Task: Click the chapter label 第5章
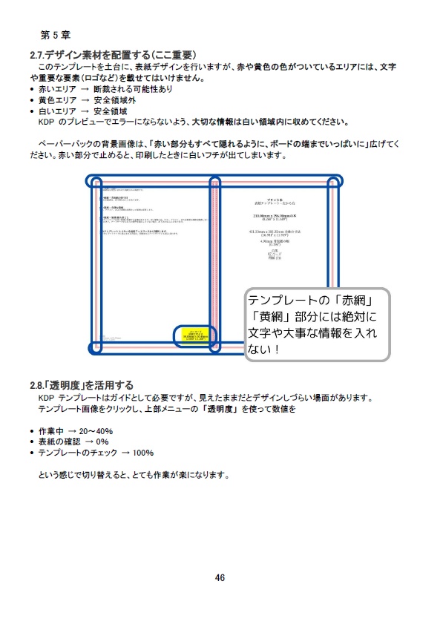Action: [x=56, y=34]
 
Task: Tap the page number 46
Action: [x=220, y=578]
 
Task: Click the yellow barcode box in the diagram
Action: [x=192, y=335]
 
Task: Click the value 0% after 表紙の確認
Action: [x=102, y=442]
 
